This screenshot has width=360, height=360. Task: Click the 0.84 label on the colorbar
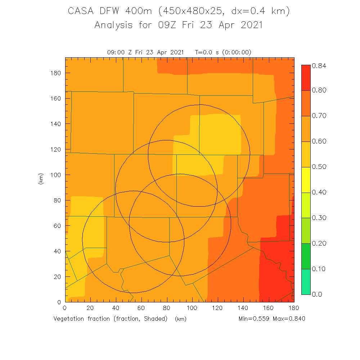coord(319,66)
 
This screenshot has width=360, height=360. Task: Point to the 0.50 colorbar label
coord(319,167)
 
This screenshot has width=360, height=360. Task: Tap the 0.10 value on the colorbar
coord(319,269)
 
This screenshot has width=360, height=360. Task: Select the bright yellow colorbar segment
coord(306,180)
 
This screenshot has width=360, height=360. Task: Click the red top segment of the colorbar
coord(306,77)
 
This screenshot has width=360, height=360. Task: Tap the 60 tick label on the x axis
coord(141,309)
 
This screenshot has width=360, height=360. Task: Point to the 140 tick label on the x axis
coord(243,309)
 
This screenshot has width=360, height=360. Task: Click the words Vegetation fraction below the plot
coord(83,319)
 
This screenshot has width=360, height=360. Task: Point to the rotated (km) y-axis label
coord(41,179)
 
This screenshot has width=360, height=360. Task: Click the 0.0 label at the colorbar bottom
coord(317,294)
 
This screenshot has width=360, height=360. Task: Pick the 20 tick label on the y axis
coord(57,277)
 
